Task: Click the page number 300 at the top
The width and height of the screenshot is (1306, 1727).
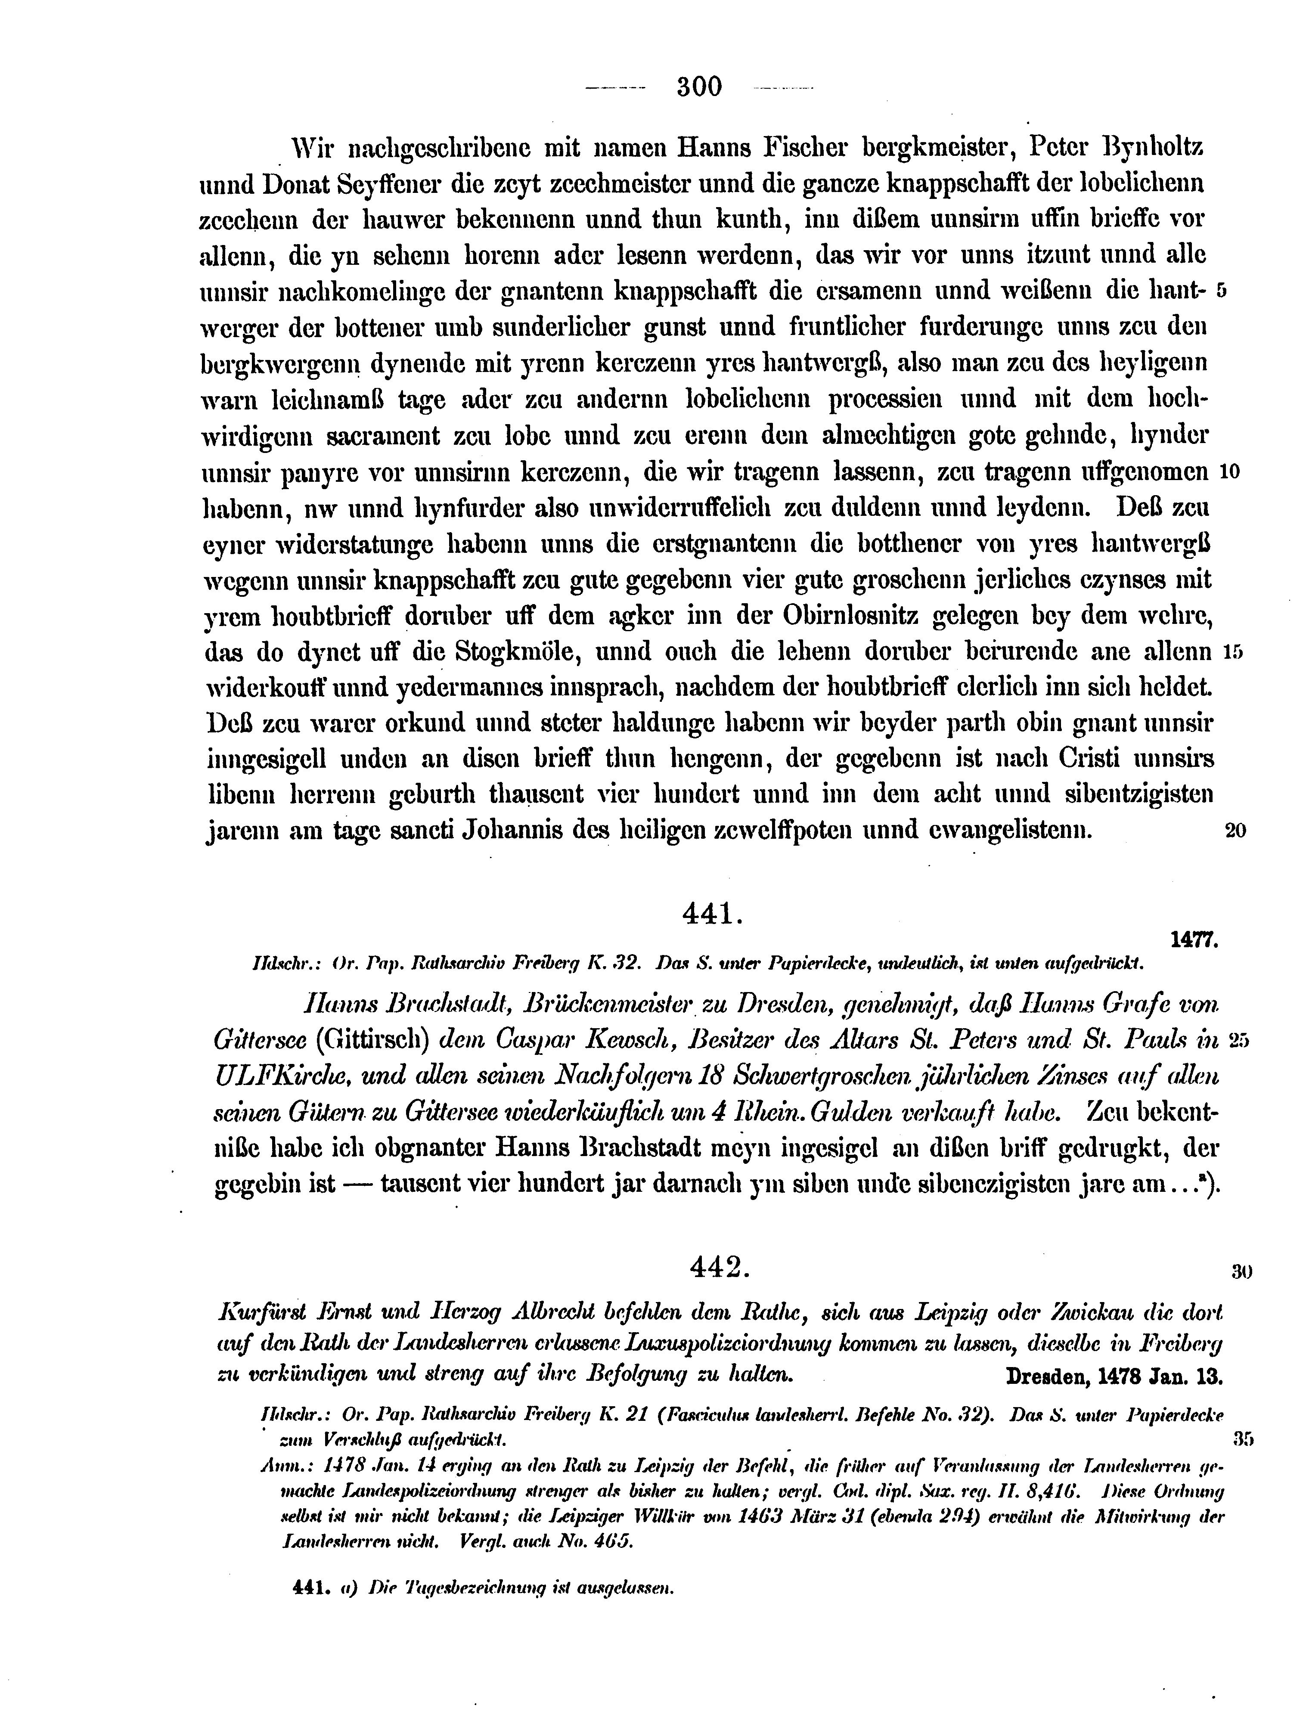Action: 699,86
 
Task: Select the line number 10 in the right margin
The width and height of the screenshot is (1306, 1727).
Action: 1229,472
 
